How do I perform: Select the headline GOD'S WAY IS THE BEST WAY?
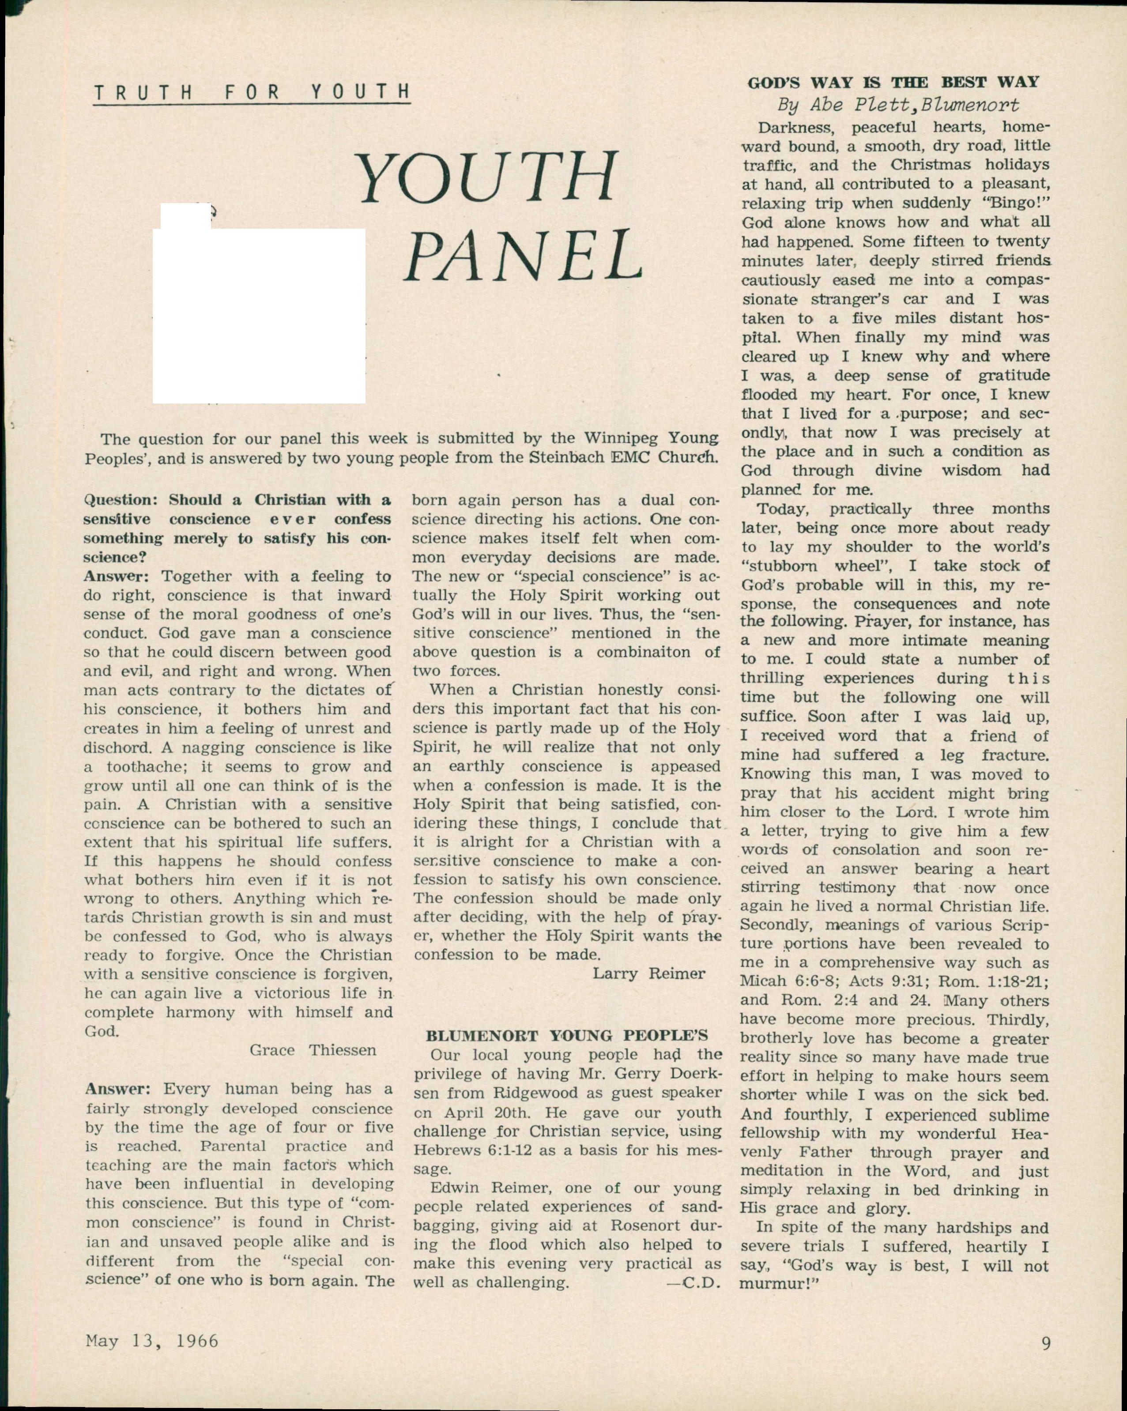(x=893, y=83)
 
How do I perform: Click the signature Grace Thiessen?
(x=313, y=1050)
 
